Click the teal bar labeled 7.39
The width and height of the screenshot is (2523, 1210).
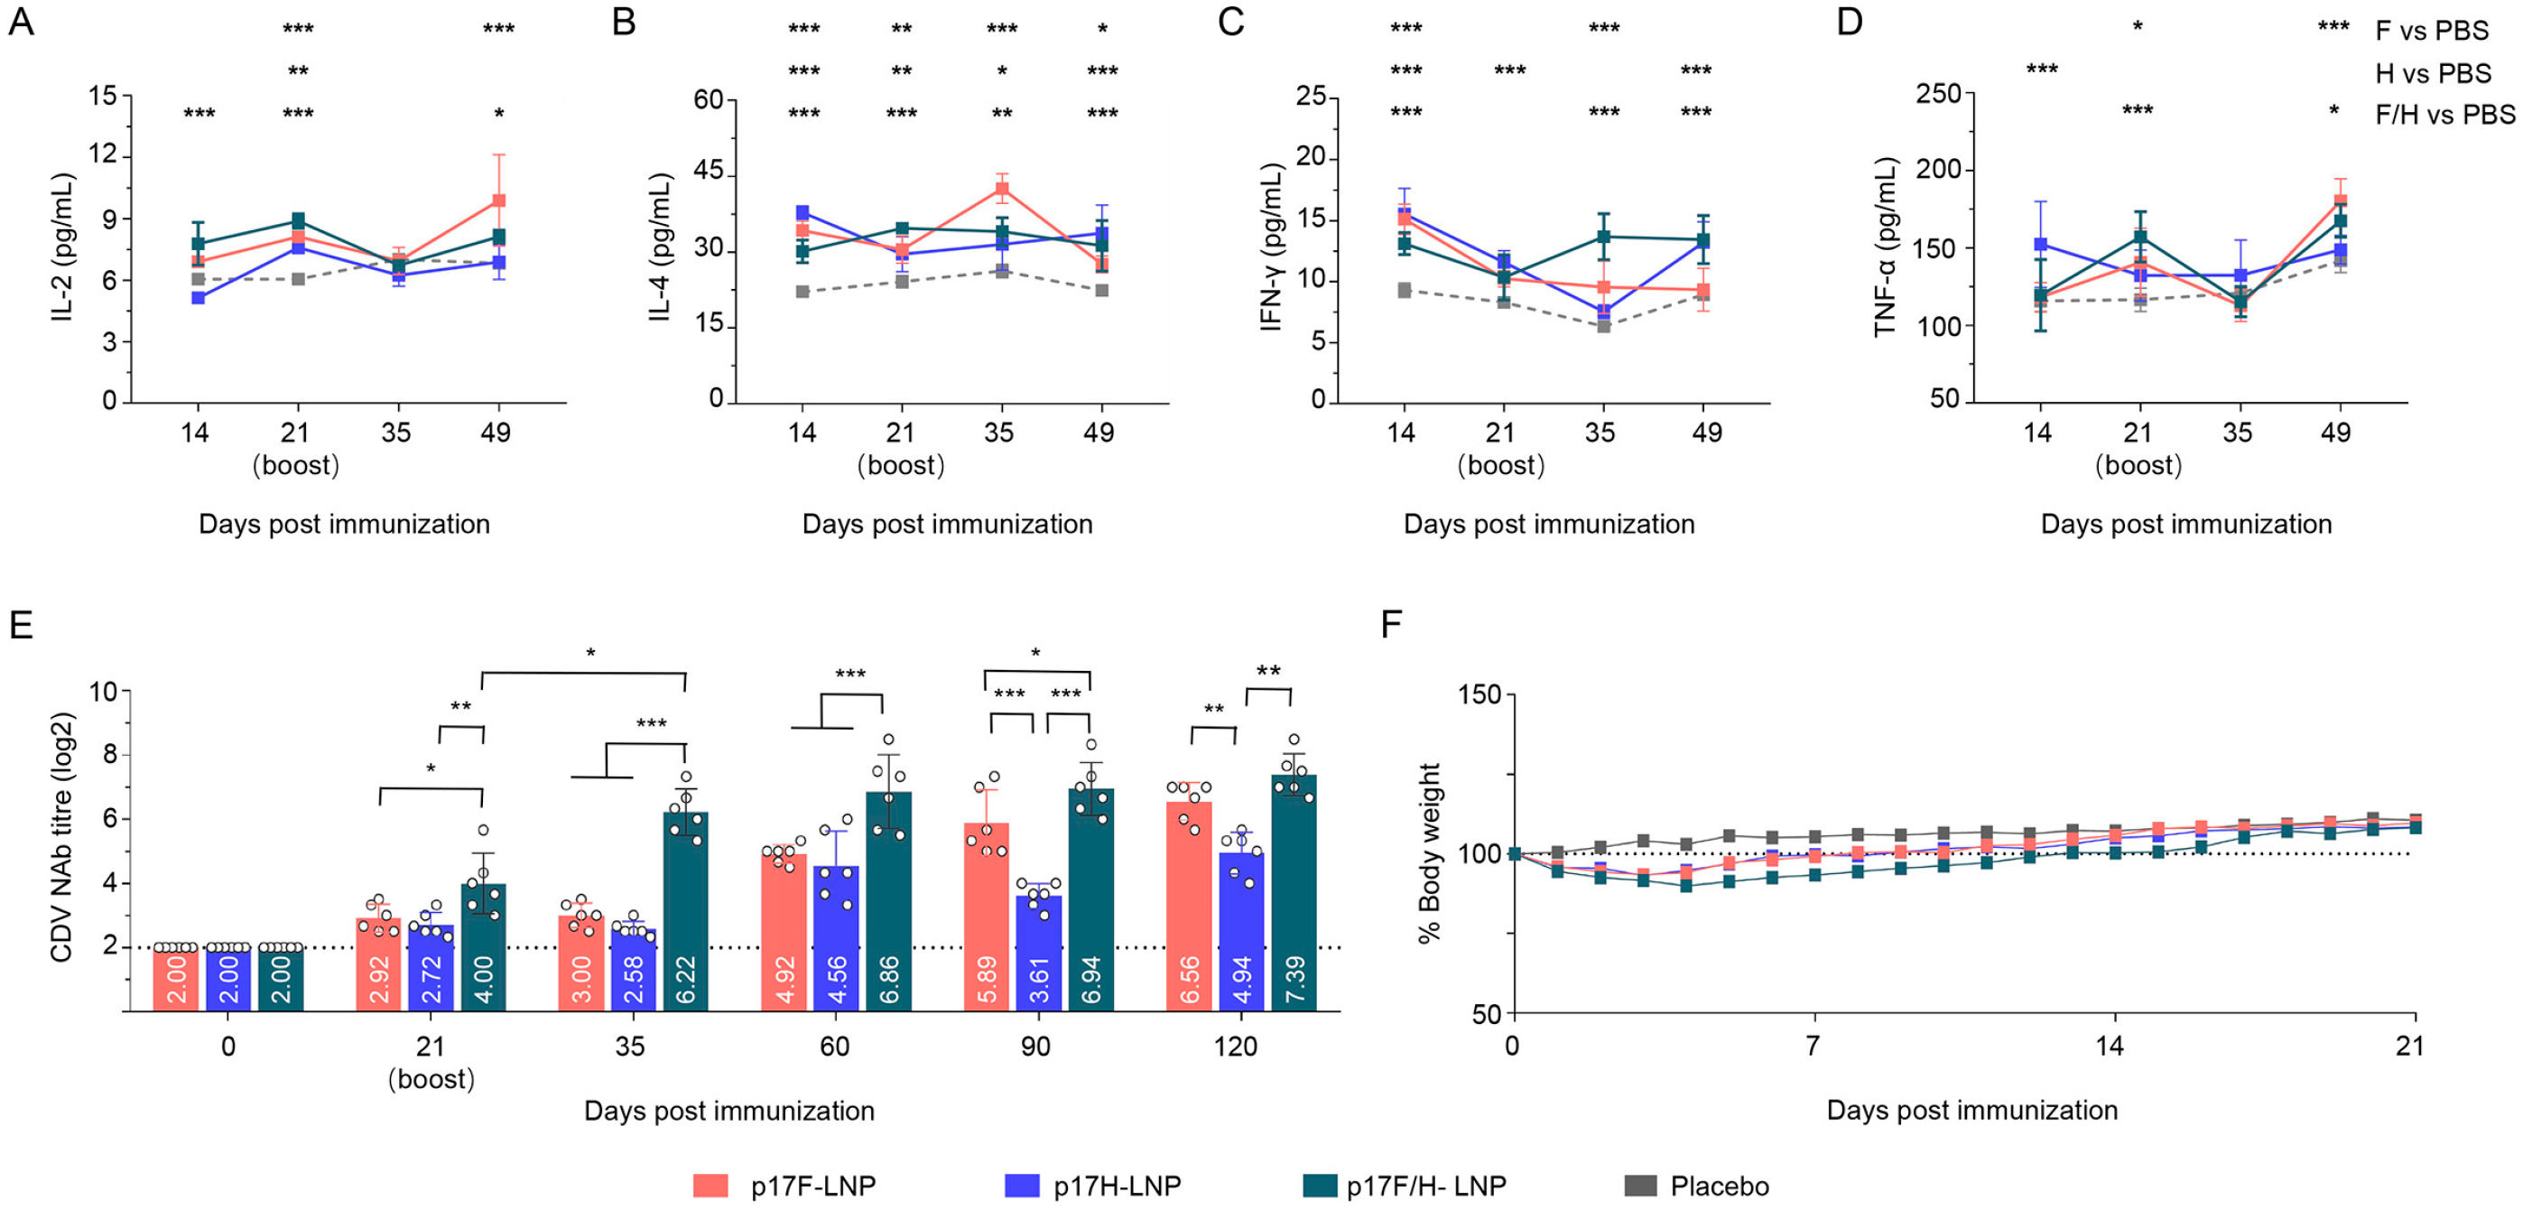click(x=1294, y=891)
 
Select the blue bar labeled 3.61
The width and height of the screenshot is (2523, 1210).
click(x=1039, y=953)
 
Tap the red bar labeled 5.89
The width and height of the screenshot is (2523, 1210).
click(x=987, y=916)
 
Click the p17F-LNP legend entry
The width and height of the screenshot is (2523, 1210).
click(x=784, y=1187)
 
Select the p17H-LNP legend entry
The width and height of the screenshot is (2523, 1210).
click(x=1093, y=1187)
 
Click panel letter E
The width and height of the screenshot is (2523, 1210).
click(x=21, y=624)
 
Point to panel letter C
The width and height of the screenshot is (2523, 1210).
click(x=1231, y=22)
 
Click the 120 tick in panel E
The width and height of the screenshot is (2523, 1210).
click(x=1236, y=1047)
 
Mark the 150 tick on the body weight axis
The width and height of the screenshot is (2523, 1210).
click(x=1479, y=694)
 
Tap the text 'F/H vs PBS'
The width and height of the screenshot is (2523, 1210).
click(x=2444, y=116)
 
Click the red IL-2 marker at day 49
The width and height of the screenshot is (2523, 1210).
click(x=498, y=200)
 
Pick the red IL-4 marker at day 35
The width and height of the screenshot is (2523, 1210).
click(x=1002, y=190)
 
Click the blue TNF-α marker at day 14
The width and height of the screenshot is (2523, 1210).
click(x=2040, y=244)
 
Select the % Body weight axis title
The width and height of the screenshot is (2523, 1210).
click(x=1430, y=852)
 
